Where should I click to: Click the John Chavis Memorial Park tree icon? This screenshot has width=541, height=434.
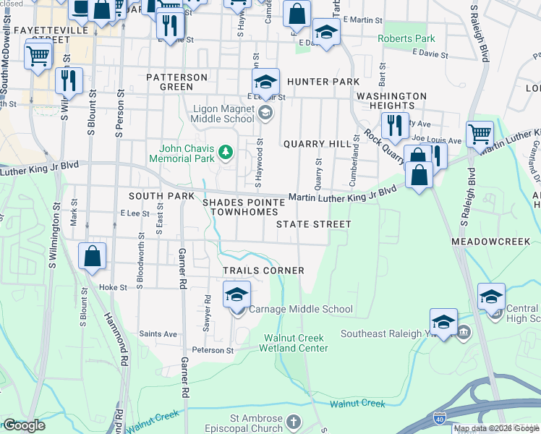click(226, 151)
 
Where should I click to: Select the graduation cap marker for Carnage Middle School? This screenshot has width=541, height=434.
click(237, 297)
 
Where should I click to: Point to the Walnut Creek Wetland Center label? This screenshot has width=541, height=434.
click(296, 343)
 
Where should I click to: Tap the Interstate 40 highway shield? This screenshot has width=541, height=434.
click(440, 418)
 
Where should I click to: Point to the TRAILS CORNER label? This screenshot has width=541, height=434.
click(263, 270)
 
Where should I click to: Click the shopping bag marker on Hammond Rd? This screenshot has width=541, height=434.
click(93, 256)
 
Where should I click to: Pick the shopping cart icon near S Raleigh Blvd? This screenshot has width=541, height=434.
click(479, 134)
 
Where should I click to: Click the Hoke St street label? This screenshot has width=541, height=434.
click(113, 287)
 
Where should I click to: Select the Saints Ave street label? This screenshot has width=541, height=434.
click(158, 333)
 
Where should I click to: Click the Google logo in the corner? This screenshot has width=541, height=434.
click(24, 425)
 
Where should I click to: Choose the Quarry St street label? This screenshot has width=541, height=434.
click(318, 173)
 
